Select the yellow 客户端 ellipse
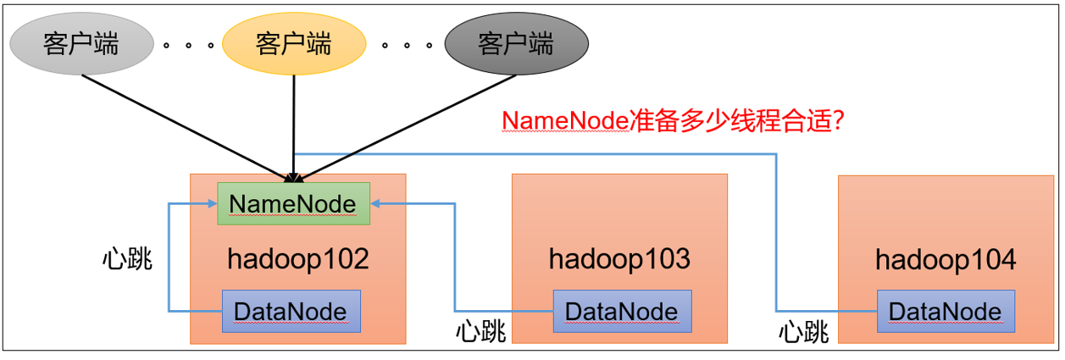pyautogui.click(x=293, y=43)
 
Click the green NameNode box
pyautogui.click(x=293, y=203)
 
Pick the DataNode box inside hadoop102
pyautogui.click(x=291, y=311)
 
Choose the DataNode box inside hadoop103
pyautogui.click(x=621, y=311)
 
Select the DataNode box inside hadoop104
pyautogui.click(x=945, y=311)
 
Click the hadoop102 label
pyautogui.click(x=298, y=258)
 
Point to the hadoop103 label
pyautogui.click(x=619, y=258)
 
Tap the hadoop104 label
pyautogui.click(x=945, y=258)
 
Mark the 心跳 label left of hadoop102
pyautogui.click(x=126, y=258)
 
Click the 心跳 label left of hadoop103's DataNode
pyautogui.click(x=480, y=331)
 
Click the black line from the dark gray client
pyautogui.click(x=407, y=125)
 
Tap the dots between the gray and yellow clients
pyautogui.click(x=187, y=45)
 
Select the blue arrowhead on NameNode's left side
pyautogui.click(x=212, y=203)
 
